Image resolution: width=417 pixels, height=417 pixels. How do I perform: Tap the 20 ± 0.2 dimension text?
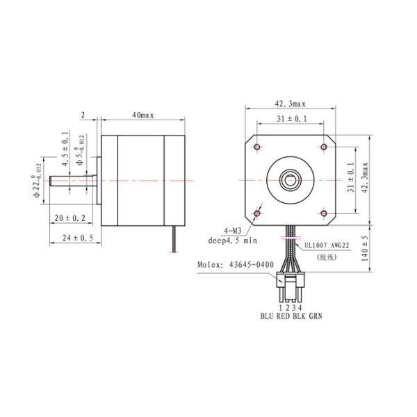pyautogui.click(x=70, y=218)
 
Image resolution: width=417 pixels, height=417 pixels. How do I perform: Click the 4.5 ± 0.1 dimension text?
pyautogui.click(x=65, y=148)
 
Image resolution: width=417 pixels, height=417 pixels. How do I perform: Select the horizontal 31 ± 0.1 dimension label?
pyautogui.click(x=291, y=120)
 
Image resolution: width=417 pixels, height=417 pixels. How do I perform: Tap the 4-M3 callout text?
pyautogui.click(x=232, y=231)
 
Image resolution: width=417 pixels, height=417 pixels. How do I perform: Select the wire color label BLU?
pyautogui.click(x=267, y=315)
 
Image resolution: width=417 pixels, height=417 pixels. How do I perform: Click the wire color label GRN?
pyautogui.click(x=316, y=315)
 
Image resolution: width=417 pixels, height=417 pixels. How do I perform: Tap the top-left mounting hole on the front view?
pyautogui.click(x=259, y=147)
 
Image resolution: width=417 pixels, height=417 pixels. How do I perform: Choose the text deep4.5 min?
pyautogui.click(x=232, y=241)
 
